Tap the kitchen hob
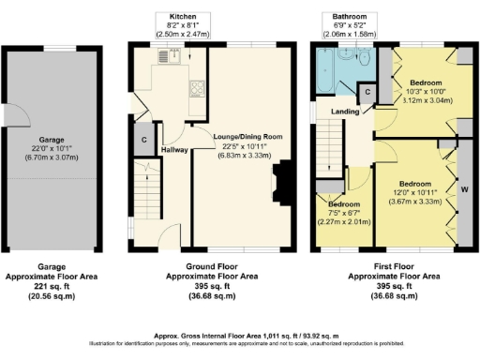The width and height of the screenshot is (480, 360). (199, 91)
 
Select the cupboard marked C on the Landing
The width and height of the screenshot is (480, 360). (368, 92)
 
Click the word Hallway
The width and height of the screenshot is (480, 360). (174, 149)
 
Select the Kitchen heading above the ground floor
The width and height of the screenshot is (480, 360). (183, 18)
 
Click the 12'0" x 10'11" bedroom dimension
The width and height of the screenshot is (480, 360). (413, 192)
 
